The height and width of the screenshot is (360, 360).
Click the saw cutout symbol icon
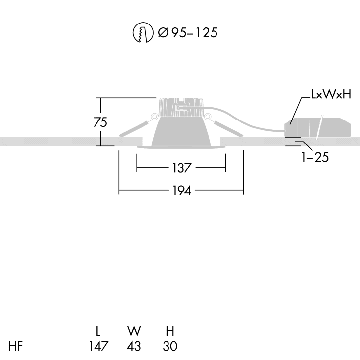(143, 33)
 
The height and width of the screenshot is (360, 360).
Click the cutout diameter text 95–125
(187, 33)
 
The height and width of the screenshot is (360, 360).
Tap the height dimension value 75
(100, 122)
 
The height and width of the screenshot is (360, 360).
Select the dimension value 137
(181, 168)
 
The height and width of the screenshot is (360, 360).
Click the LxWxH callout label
(331, 95)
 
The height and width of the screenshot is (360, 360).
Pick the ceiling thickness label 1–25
(315, 157)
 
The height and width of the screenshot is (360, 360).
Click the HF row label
(16, 346)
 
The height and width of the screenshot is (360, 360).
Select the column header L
(98, 331)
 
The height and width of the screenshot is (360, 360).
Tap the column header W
(133, 331)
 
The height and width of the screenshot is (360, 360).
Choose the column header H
(169, 331)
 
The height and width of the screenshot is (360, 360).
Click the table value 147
(99, 346)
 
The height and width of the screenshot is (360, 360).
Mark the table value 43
(133, 346)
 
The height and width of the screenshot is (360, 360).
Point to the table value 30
(169, 346)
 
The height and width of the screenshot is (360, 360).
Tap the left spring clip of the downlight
(135, 127)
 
